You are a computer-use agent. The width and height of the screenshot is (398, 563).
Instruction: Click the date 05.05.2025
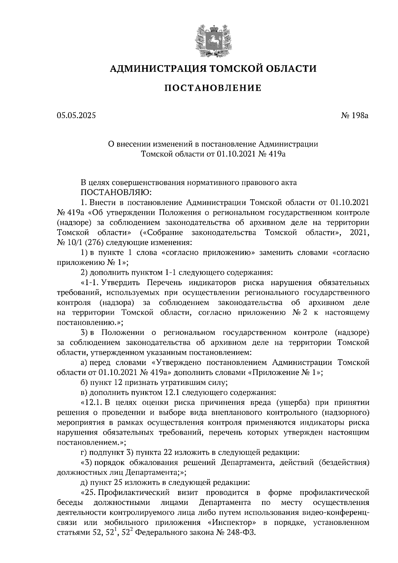[x=76, y=116]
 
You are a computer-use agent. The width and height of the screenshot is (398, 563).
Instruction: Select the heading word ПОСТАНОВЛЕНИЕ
[x=213, y=88]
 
